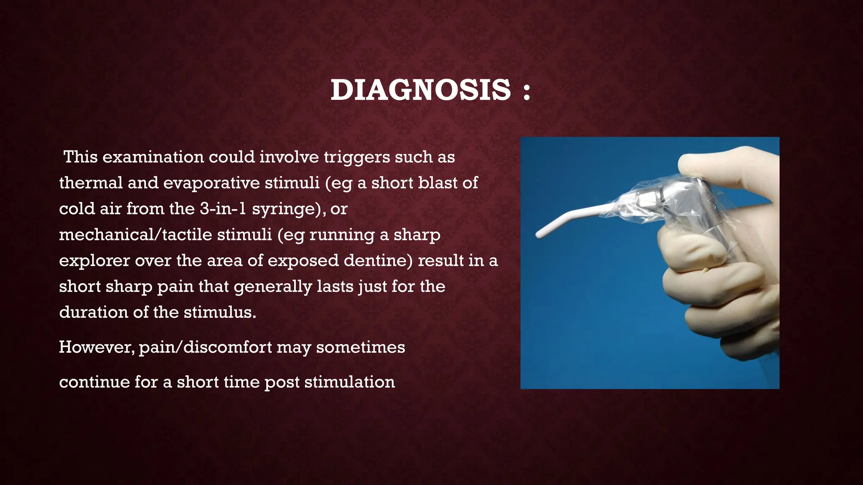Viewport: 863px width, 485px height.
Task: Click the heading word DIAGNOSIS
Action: click(421, 90)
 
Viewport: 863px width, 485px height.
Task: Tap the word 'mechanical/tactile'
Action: click(165, 235)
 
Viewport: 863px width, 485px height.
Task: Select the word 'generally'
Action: click(273, 287)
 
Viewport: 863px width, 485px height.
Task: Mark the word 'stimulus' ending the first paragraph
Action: click(220, 312)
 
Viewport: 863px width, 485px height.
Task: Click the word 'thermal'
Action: click(91, 183)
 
